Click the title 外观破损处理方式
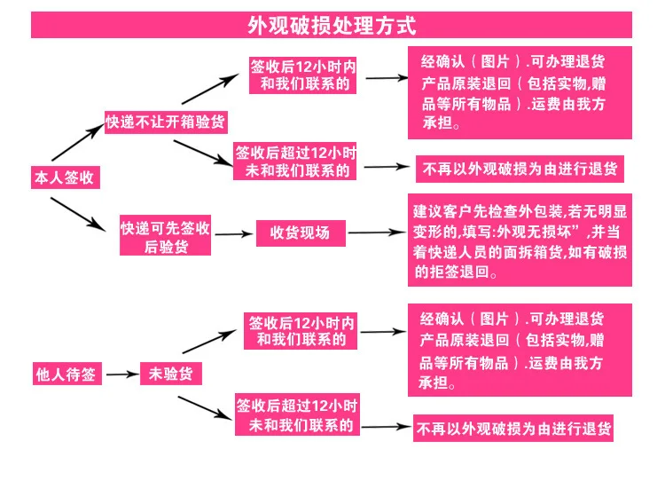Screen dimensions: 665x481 tap(332, 26)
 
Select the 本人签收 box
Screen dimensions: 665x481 tap(66, 177)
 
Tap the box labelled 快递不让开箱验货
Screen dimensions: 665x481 tap(166, 122)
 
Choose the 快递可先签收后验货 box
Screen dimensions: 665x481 tap(165, 235)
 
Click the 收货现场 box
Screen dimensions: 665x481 tap(301, 233)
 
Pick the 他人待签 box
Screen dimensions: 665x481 tap(67, 374)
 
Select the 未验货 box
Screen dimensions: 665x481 tap(171, 374)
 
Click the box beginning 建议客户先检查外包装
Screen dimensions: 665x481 tap(520, 240)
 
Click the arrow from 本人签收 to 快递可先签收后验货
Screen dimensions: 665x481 tap(78, 215)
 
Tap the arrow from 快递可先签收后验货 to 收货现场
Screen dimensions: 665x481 tap(234, 234)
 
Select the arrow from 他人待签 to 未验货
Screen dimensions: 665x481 tap(122, 374)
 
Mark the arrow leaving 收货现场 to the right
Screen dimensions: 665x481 tap(377, 233)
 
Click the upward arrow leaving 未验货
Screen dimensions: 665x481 tap(209, 342)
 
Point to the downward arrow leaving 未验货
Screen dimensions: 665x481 tap(206, 408)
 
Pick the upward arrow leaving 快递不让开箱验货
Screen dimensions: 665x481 tap(210, 89)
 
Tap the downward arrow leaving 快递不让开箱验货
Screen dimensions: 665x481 tap(204, 153)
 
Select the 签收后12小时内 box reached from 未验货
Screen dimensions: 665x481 tap(301, 331)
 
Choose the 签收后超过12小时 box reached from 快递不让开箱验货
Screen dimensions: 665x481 tap(294, 161)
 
